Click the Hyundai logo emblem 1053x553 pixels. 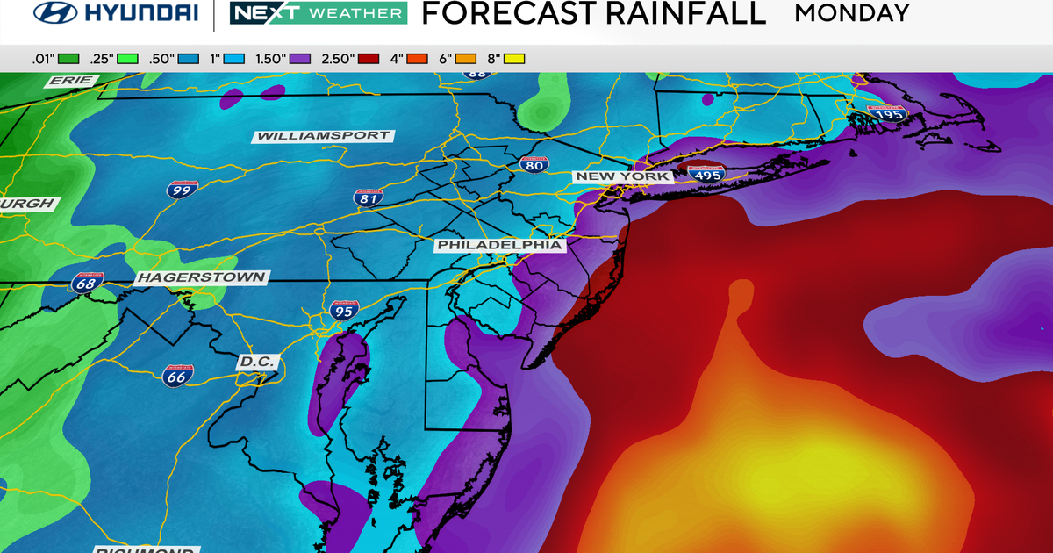(x=54, y=14)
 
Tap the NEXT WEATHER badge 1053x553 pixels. (x=318, y=14)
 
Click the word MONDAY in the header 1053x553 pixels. (x=851, y=13)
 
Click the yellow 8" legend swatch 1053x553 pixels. (x=513, y=59)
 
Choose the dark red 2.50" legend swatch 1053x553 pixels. (x=369, y=59)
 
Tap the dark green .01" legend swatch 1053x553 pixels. (x=68, y=59)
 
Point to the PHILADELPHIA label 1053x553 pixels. (x=499, y=245)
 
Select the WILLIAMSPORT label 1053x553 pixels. (x=323, y=136)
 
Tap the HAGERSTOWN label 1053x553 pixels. (x=201, y=277)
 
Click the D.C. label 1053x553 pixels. (x=257, y=362)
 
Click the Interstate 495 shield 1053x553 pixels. (x=706, y=175)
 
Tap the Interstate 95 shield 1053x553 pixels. (x=343, y=309)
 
